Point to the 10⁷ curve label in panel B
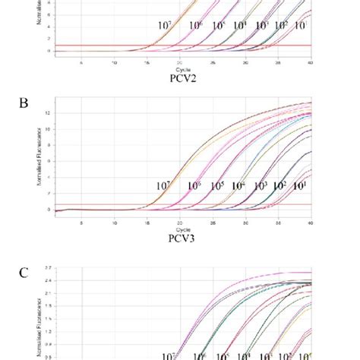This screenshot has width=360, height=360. (163, 186)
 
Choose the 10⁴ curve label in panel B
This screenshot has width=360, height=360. (238, 186)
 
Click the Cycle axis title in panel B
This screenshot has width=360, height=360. (180, 229)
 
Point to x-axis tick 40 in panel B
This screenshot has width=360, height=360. (311, 223)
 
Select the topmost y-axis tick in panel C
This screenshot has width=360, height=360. (48, 268)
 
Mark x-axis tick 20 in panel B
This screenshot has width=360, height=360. (180, 223)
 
